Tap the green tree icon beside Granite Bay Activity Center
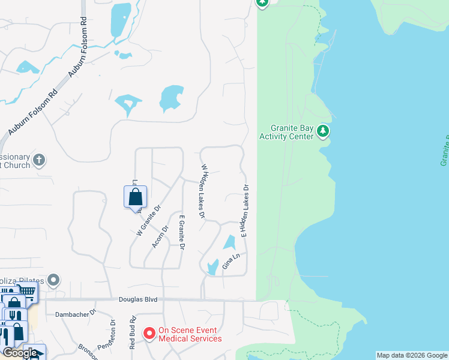click(x=323, y=130)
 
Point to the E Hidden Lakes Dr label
click(x=245, y=211)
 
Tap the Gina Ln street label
click(x=231, y=261)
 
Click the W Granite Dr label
click(x=149, y=221)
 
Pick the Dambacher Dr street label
click(x=76, y=313)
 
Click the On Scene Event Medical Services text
click(x=190, y=334)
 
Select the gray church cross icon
click(x=39, y=160)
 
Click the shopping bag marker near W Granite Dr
click(x=135, y=196)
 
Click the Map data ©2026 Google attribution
click(x=412, y=355)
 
